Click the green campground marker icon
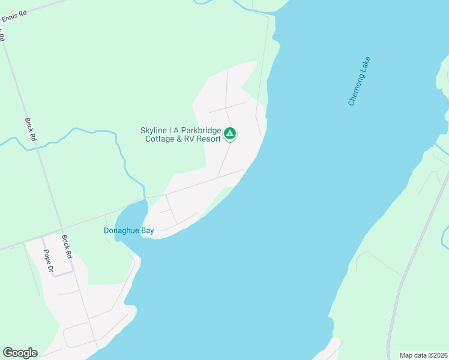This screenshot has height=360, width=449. pos(230,133)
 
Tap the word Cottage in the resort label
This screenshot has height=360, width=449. pos(160,139)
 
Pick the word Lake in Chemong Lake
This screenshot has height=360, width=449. pos(367,63)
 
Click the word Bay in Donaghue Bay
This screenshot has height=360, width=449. pos(147,230)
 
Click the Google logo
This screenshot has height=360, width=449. pos(20,353)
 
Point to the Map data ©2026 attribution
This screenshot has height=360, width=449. pos(423,355)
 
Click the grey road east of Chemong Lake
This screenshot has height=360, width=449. pos(414,252)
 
